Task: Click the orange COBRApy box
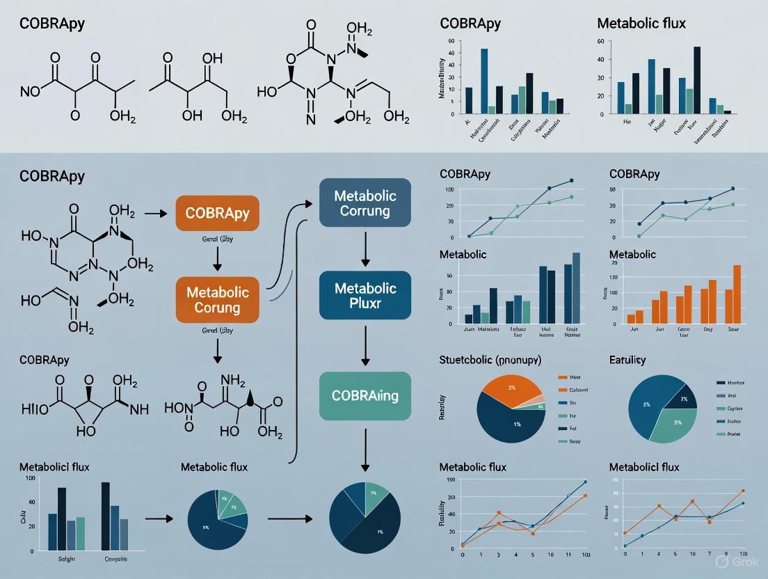pyautogui.click(x=217, y=213)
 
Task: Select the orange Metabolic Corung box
pyautogui.click(x=217, y=299)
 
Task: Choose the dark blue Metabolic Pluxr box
pyautogui.click(x=365, y=296)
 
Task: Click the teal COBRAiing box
pyautogui.click(x=365, y=396)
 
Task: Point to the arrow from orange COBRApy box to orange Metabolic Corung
pyautogui.click(x=217, y=255)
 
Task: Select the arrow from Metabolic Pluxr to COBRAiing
pyautogui.click(x=365, y=344)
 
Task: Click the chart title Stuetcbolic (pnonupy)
pyautogui.click(x=490, y=360)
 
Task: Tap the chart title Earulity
pyautogui.click(x=627, y=360)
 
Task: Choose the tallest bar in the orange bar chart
pyautogui.click(x=737, y=294)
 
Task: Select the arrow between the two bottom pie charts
pyautogui.click(x=291, y=518)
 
